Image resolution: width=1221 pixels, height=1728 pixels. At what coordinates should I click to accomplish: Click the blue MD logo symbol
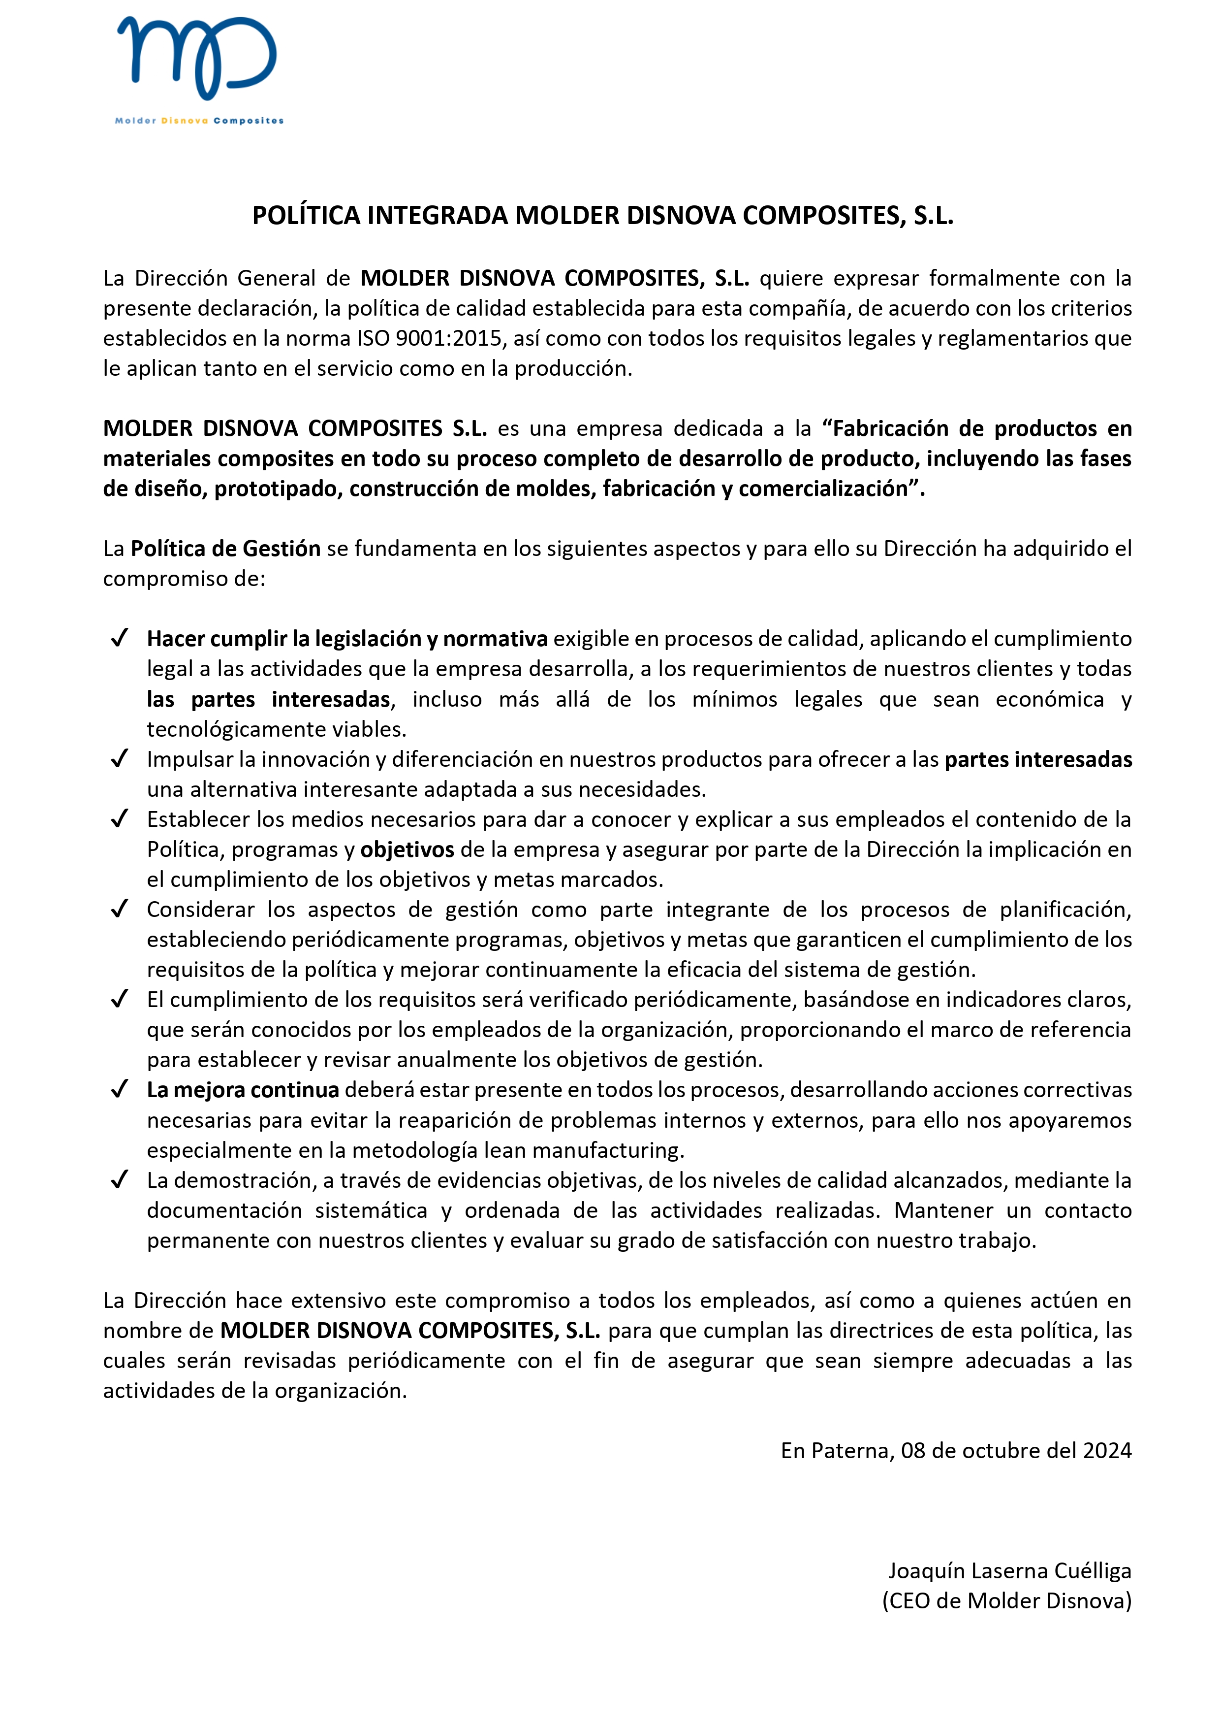(197, 58)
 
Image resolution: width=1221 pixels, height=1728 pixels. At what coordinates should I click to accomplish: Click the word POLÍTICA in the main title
(306, 216)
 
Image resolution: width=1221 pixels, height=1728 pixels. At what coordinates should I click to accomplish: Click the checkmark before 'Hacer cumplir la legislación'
(119, 638)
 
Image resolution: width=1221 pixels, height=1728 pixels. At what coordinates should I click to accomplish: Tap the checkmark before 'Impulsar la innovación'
(119, 759)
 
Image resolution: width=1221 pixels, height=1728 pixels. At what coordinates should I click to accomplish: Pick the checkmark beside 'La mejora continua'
(119, 1090)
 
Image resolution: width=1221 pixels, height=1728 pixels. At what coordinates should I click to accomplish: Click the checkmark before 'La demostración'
(119, 1180)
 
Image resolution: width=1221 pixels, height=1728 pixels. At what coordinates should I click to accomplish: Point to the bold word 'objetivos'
(407, 849)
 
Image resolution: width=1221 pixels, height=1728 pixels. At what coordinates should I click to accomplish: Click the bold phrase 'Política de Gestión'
(226, 549)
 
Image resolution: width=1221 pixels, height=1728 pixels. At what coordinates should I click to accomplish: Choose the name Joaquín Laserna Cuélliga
(1009, 1571)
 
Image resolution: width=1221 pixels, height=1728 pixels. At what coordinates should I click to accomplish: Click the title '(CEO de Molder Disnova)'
(1006, 1601)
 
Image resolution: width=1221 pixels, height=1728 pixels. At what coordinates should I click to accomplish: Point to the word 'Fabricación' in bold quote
(891, 429)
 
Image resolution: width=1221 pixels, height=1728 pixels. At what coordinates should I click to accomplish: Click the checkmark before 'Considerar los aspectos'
(119, 909)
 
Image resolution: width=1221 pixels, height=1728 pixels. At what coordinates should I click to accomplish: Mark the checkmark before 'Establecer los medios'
(119, 819)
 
